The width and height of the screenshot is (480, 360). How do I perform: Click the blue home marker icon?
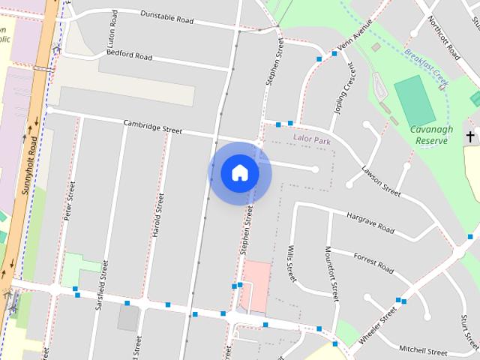(240, 172)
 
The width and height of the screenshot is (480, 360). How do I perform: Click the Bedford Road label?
(129, 54)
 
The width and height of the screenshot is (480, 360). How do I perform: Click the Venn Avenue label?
(354, 39)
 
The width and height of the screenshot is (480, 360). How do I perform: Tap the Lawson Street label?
(382, 179)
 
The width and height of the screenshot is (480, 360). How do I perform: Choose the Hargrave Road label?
(370, 222)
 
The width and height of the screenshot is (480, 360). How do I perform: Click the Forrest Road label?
(373, 264)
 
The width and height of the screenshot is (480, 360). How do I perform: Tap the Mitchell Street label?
(422, 349)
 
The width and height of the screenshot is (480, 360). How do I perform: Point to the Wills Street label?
(291, 262)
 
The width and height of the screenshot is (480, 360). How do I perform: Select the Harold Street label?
(157, 215)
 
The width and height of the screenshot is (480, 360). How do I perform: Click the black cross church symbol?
(470, 136)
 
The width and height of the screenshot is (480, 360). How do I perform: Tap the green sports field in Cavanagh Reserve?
(413, 100)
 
